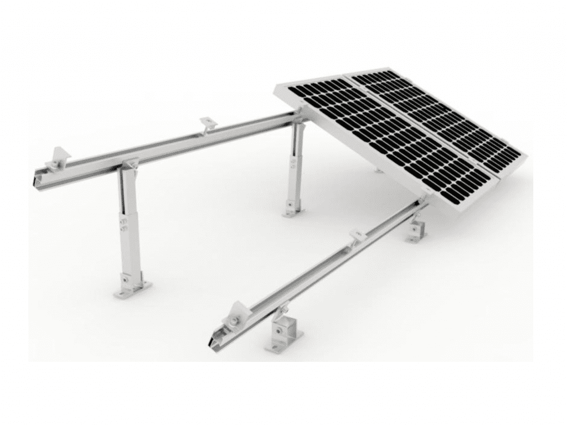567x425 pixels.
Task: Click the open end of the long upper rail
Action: tap(37, 179)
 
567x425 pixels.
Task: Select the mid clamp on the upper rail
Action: tap(208, 124)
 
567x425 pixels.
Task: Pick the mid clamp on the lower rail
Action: tap(357, 237)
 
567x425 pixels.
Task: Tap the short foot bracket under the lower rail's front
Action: tap(282, 337)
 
